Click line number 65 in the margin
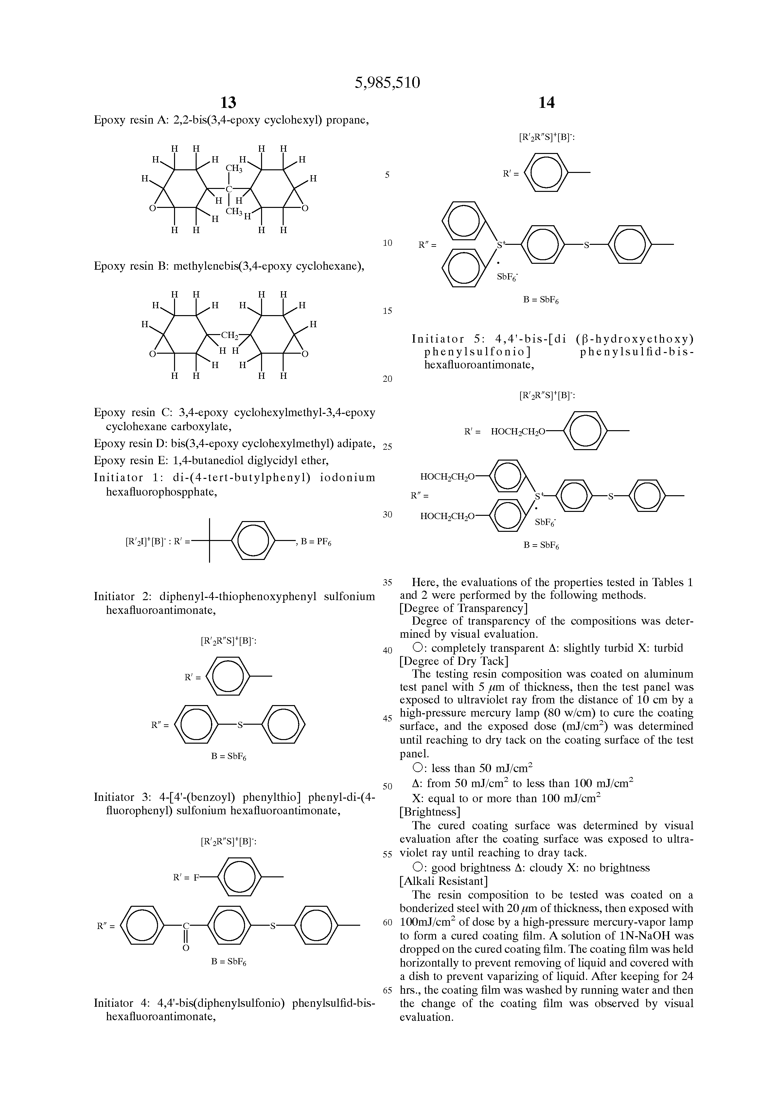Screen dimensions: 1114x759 [x=388, y=990]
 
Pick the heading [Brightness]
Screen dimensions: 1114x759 [x=430, y=812]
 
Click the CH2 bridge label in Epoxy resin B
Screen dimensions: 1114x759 [x=229, y=335]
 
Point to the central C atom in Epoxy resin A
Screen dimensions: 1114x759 [x=229, y=189]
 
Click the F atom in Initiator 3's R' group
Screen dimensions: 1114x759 [x=196, y=878]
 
